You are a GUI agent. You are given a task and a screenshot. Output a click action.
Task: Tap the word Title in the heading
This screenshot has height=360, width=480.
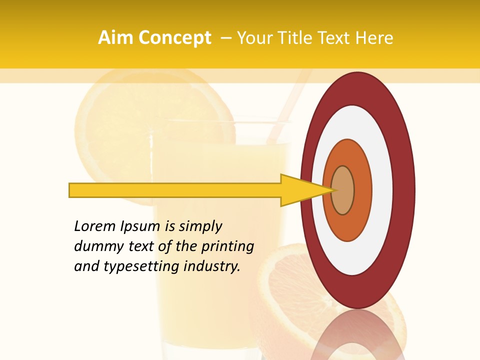(x=299, y=38)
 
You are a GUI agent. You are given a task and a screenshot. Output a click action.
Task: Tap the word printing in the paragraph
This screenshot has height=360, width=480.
(x=227, y=246)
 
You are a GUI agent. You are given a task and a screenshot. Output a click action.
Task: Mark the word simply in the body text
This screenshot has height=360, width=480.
(x=200, y=226)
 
